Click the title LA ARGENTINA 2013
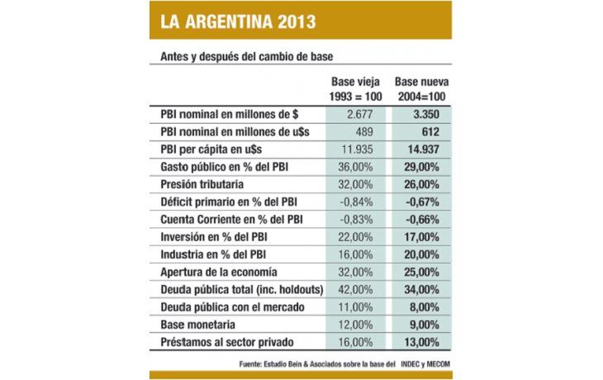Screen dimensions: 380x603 tap(226, 20)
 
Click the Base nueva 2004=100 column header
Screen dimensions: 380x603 tap(422, 89)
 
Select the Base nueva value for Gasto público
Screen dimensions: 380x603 tap(422, 168)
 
